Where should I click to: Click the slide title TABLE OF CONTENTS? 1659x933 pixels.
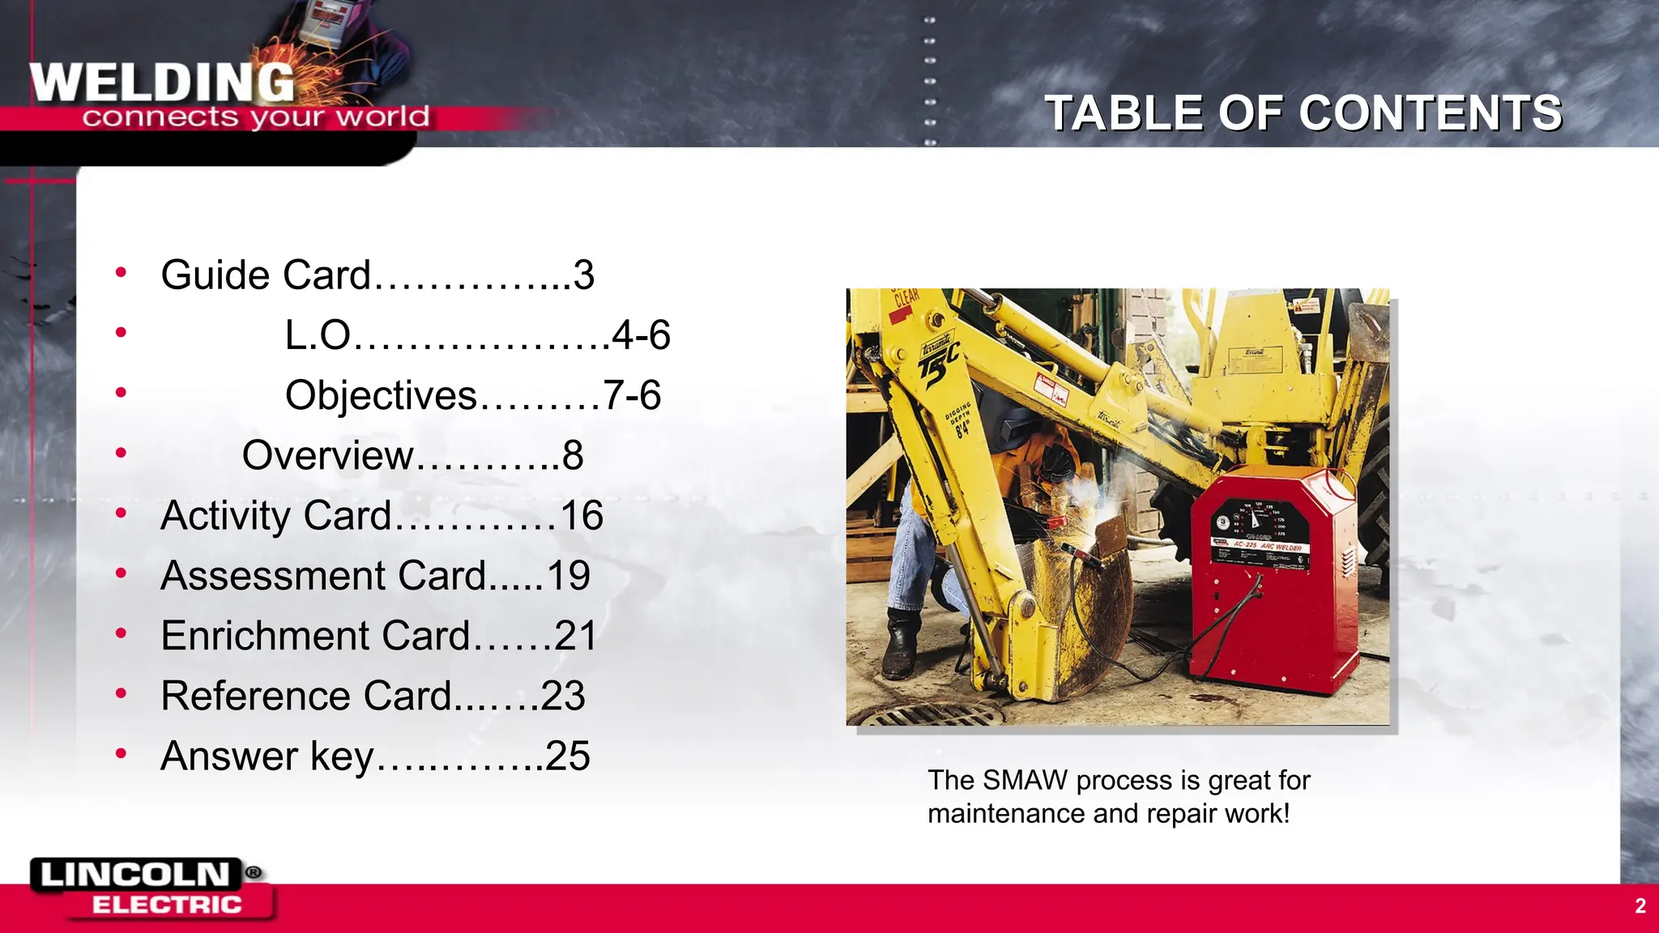click(x=1303, y=113)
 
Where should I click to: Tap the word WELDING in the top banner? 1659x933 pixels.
click(x=162, y=83)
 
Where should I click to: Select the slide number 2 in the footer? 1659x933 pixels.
click(x=1640, y=905)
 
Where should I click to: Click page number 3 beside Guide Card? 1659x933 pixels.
click(x=584, y=275)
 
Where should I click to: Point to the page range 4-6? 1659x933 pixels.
click(x=641, y=335)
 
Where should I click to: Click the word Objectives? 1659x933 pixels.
click(x=381, y=395)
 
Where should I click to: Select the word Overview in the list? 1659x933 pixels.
click(x=327, y=455)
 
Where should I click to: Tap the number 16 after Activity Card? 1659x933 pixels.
click(x=582, y=516)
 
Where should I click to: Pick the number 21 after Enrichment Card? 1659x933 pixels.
click(x=575, y=636)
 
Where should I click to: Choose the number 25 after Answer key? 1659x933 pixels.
click(x=567, y=756)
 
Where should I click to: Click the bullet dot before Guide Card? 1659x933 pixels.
click(x=121, y=272)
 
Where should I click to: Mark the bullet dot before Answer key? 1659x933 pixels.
click(x=121, y=754)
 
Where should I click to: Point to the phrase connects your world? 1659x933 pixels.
click(x=255, y=117)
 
